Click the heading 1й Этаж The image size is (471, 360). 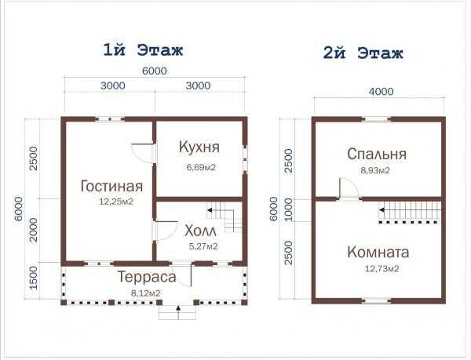143,50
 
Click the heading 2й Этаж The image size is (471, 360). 363,53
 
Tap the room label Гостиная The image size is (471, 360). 111,187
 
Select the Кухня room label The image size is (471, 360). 199,147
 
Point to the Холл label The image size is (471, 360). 200,231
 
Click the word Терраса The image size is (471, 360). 147,277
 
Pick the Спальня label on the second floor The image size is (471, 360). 377,155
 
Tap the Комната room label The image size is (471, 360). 378,252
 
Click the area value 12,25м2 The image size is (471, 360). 116,202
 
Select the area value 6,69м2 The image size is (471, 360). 201,167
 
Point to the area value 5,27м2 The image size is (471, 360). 203,246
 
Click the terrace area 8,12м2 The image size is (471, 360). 145,293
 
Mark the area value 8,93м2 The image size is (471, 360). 375,170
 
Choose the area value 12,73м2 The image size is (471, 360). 382,268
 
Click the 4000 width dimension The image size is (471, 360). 382,91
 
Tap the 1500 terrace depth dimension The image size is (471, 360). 34,278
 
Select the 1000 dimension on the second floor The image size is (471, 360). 289,209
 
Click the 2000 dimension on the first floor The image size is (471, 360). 34,230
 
